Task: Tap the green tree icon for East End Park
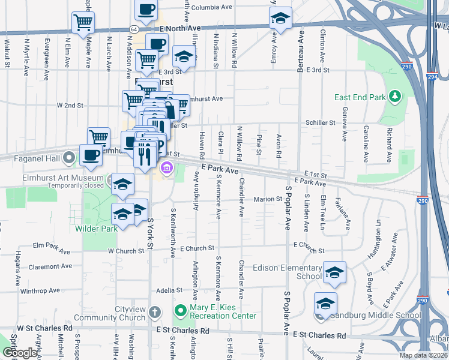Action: (x=394, y=97)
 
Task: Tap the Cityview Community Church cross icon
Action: (x=155, y=312)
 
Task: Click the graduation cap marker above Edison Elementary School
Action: (x=334, y=273)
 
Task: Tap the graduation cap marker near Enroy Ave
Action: (x=280, y=19)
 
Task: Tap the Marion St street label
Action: (x=268, y=199)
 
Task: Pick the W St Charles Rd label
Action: (x=45, y=328)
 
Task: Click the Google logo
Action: (x=20, y=353)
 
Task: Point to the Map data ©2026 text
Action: (x=423, y=355)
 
